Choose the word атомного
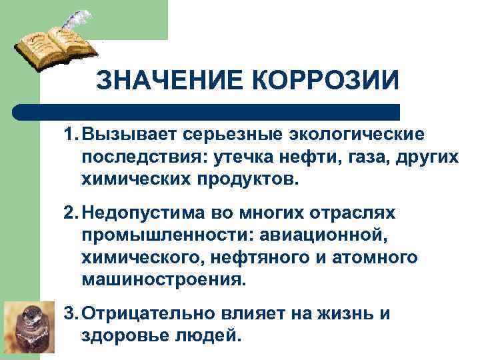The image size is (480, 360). [x=362, y=257]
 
